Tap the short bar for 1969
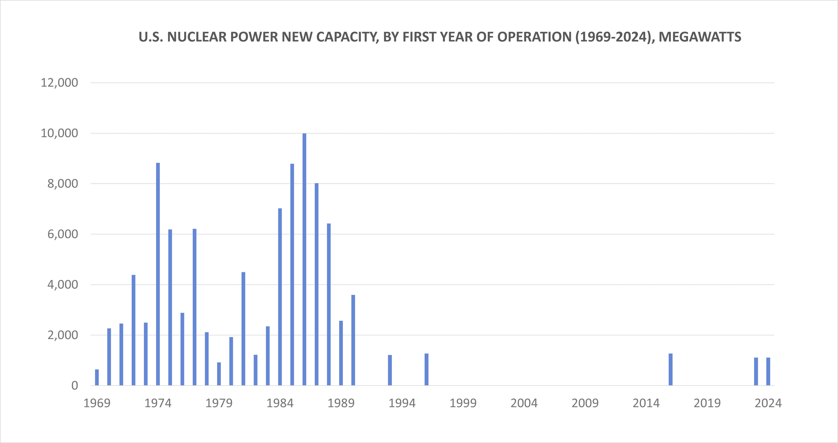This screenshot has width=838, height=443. (97, 377)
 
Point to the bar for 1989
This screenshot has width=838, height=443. (341, 353)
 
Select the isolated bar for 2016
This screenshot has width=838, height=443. (670, 369)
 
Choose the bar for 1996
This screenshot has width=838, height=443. (426, 369)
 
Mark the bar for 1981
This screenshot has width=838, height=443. (243, 329)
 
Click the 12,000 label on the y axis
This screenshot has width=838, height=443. (59, 83)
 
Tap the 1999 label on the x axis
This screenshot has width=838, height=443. (463, 403)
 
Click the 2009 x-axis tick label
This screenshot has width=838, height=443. (585, 403)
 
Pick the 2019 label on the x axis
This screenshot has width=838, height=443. (707, 403)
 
